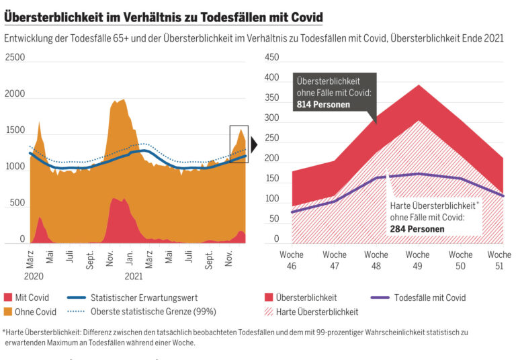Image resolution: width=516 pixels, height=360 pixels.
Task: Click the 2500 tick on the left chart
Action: (x=15, y=58)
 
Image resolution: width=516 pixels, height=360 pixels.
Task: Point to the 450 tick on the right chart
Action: (x=272, y=58)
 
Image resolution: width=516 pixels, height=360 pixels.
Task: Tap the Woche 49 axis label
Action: (x=417, y=260)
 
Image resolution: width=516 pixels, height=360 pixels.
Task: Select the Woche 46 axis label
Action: (x=291, y=260)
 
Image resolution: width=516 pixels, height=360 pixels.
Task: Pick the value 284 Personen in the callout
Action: (x=417, y=228)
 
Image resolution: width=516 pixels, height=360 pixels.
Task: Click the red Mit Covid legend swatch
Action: (x=8, y=298)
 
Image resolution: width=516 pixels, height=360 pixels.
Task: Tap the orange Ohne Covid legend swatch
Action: (x=8, y=312)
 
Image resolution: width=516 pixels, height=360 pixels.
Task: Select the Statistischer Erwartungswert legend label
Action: (x=144, y=298)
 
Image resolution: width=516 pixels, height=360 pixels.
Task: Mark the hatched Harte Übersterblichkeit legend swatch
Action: (x=271, y=312)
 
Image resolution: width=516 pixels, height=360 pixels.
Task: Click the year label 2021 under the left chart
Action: (x=133, y=275)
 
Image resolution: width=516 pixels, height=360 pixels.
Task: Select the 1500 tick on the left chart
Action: (x=15, y=130)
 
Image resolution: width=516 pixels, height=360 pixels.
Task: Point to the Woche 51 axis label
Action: (x=499, y=260)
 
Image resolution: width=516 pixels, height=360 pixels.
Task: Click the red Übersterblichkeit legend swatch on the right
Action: (x=271, y=298)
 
